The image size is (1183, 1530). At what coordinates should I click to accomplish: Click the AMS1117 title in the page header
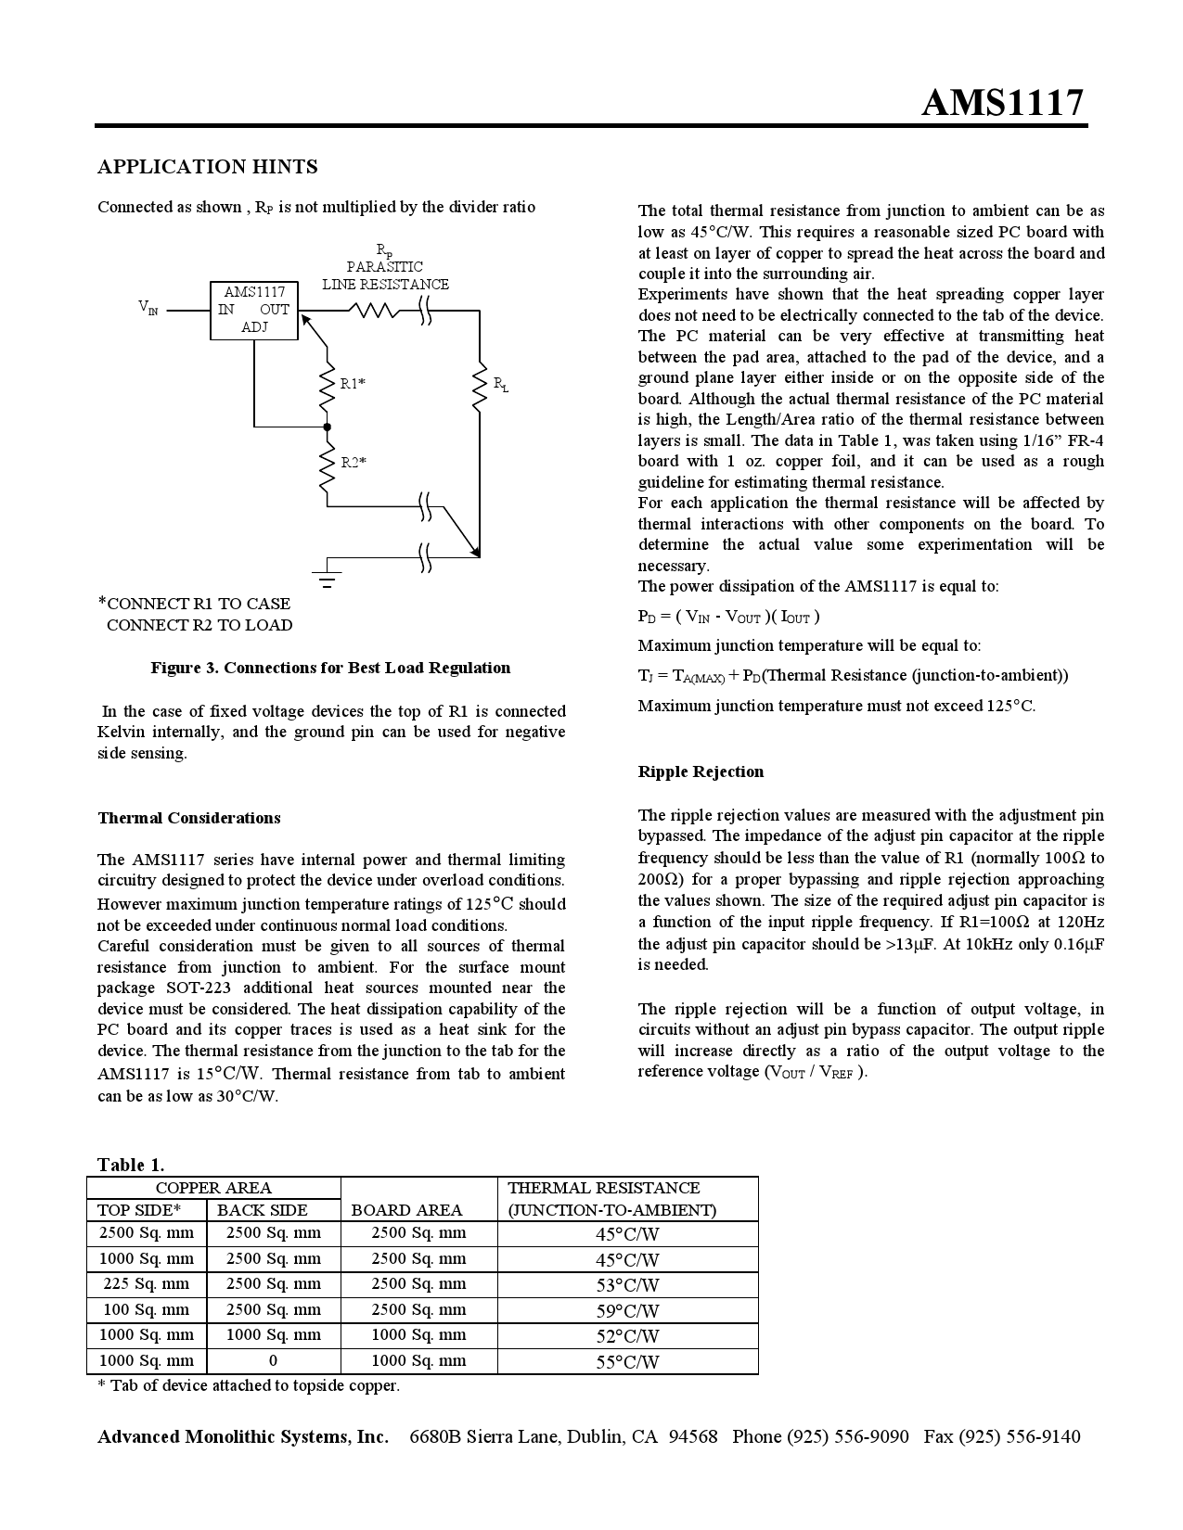coord(1002,102)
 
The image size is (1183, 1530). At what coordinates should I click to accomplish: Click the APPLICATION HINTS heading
coord(208,167)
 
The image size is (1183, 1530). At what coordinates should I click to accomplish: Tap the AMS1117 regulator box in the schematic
coord(254,310)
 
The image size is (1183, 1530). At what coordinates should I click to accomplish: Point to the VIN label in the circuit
coord(148,307)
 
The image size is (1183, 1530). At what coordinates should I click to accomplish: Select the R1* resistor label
coord(353,383)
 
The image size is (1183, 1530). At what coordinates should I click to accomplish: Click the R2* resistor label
coord(354,462)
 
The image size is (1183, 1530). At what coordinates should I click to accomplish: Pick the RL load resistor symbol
coord(480,389)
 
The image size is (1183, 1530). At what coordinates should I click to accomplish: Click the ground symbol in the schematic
coord(327,580)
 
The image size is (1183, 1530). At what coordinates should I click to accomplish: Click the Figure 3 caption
coord(330,668)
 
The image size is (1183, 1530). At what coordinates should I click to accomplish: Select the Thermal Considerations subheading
coord(189,818)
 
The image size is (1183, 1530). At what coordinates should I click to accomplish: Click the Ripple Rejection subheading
coord(701,771)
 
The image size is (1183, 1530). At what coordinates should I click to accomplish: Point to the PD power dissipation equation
coord(728,617)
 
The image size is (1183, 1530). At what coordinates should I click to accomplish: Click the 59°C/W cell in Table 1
coord(627,1311)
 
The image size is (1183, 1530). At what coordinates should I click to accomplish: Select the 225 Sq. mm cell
coord(146,1284)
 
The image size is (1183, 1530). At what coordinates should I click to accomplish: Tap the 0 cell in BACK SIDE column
coord(273,1361)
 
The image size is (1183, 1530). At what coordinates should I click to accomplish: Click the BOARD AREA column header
coord(406,1210)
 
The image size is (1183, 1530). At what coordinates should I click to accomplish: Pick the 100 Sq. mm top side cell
coord(146,1310)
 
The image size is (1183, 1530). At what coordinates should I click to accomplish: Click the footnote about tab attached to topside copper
coord(249,1386)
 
